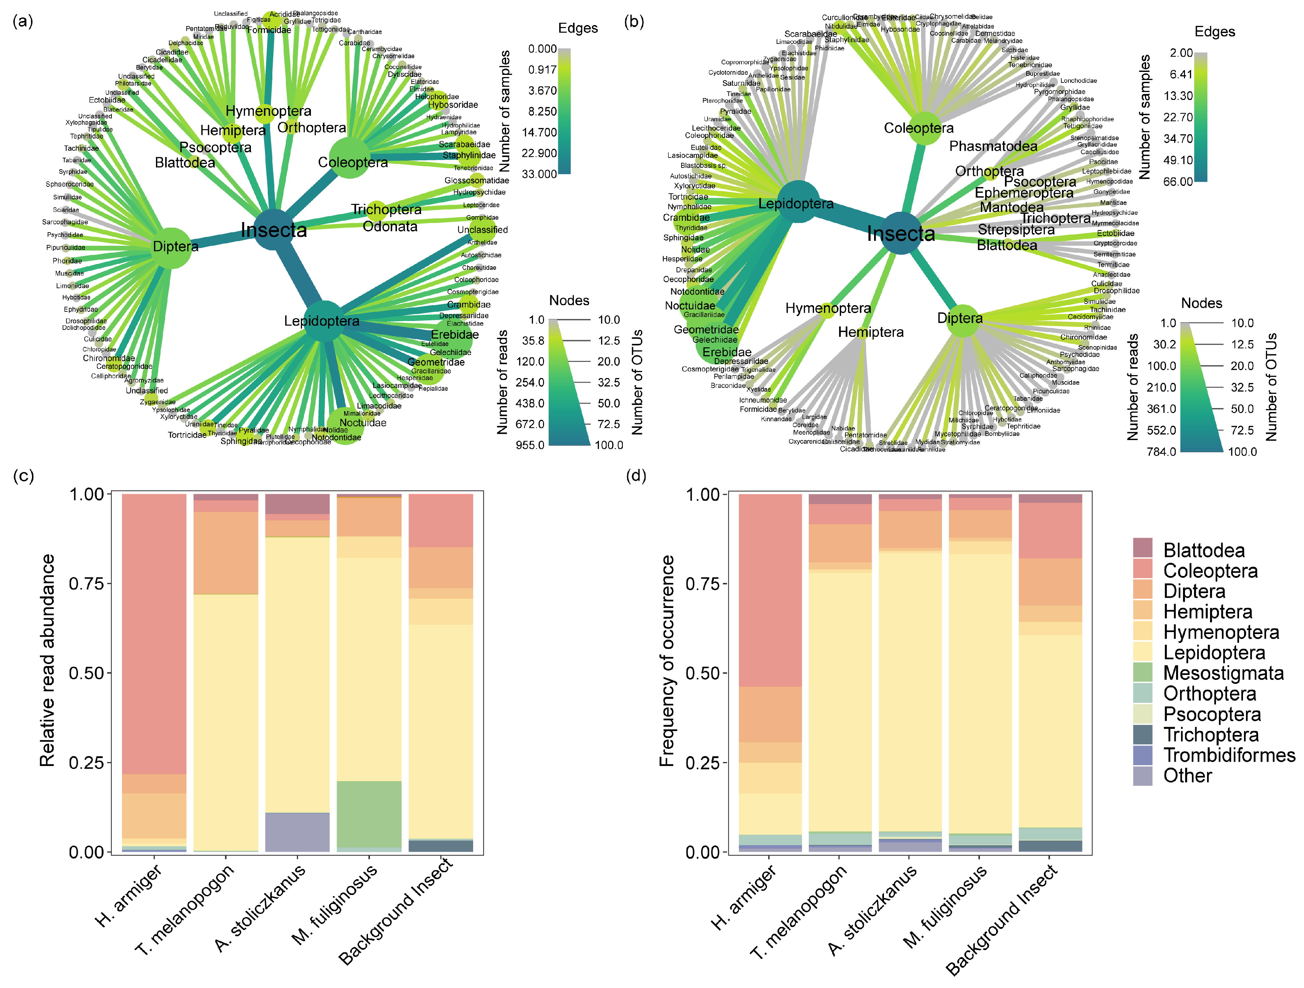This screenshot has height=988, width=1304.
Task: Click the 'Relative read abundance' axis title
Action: click(x=47, y=661)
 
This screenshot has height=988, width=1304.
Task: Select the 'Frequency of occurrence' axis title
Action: click(x=666, y=661)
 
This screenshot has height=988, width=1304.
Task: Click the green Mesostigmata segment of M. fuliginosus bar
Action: click(x=369, y=814)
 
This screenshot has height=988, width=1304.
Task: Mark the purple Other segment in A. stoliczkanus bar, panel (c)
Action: click(x=297, y=832)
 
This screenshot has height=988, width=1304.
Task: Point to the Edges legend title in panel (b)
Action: click(x=1214, y=32)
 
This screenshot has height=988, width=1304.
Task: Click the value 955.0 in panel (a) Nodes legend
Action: click(x=530, y=445)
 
